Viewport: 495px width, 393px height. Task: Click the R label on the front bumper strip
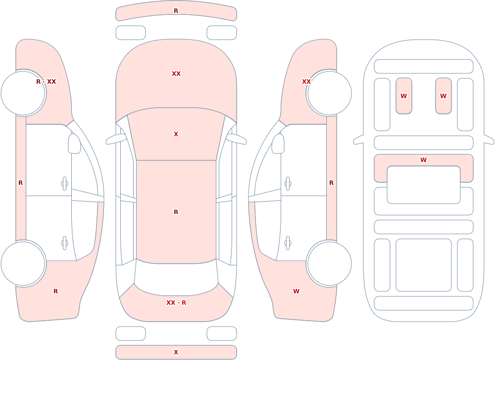pyautogui.click(x=176, y=11)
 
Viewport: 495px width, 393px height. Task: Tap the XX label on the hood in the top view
pyautogui.click(x=176, y=74)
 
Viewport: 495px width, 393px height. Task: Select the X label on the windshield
pyautogui.click(x=176, y=134)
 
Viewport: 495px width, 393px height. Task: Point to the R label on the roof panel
pyautogui.click(x=176, y=212)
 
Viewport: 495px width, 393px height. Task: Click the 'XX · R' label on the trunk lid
pyautogui.click(x=176, y=303)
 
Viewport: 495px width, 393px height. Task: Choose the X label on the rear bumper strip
pyautogui.click(x=176, y=352)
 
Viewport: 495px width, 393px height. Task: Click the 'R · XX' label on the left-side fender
pyautogui.click(x=46, y=82)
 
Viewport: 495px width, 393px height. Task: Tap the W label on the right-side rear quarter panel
pyautogui.click(x=296, y=291)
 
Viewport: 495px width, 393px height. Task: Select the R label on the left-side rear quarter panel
pyautogui.click(x=55, y=291)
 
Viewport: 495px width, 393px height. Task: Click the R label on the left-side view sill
pyautogui.click(x=20, y=183)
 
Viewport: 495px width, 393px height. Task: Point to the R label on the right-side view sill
pyautogui.click(x=331, y=183)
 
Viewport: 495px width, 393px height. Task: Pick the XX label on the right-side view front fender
pyautogui.click(x=306, y=82)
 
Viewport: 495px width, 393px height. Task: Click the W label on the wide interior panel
pyautogui.click(x=423, y=160)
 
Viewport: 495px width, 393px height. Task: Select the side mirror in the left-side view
pyautogui.click(x=74, y=144)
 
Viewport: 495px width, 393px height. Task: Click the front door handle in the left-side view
pyautogui.click(x=64, y=184)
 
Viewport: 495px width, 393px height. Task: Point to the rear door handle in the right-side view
pyautogui.click(x=288, y=243)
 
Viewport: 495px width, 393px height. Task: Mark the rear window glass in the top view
pyautogui.click(x=176, y=278)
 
